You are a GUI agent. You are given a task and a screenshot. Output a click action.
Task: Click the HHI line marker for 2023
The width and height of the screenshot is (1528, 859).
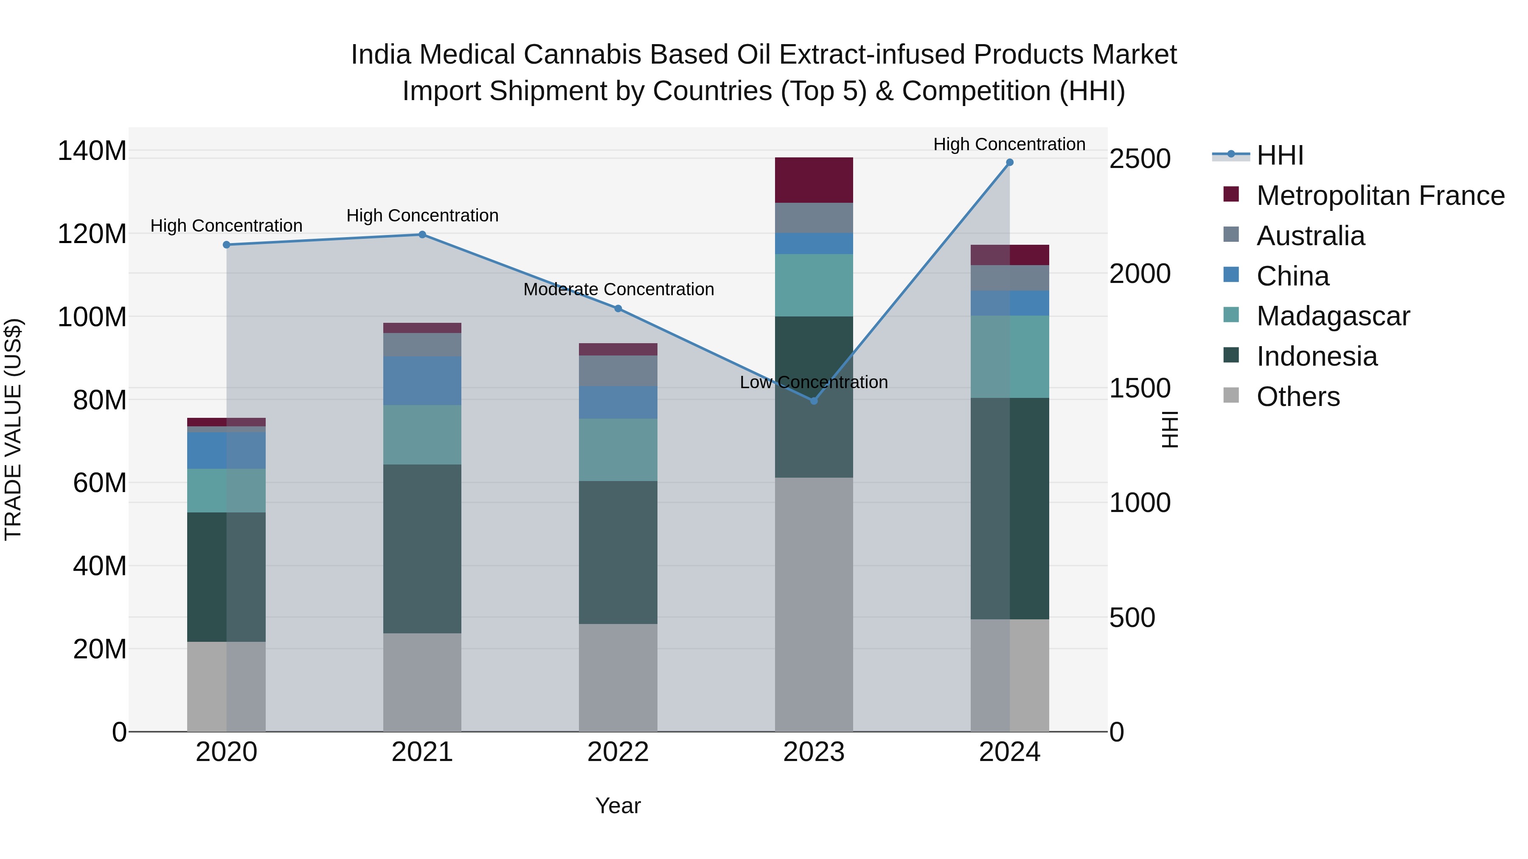point(814,401)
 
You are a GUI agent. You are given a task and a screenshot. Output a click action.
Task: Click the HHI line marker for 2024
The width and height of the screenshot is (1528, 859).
point(1010,162)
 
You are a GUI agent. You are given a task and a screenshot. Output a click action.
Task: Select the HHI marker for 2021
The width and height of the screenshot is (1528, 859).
point(422,235)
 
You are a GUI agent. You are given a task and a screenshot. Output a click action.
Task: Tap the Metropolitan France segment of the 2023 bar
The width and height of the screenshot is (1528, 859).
point(814,180)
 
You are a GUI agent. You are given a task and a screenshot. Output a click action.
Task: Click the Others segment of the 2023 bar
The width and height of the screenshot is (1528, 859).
point(814,604)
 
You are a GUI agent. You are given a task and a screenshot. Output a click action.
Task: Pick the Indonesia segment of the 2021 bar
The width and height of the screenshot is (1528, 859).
point(422,548)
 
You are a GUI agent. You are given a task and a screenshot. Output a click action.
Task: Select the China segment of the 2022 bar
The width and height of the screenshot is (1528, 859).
point(618,403)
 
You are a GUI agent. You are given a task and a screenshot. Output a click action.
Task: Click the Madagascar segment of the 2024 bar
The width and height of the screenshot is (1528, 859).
point(1010,356)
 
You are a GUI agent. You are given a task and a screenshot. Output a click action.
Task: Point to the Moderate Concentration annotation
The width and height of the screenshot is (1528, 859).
point(618,289)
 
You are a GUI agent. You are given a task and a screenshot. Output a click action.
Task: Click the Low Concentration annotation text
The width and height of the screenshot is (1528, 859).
point(814,382)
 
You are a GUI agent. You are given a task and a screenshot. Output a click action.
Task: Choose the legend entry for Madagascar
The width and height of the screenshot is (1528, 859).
point(1332,316)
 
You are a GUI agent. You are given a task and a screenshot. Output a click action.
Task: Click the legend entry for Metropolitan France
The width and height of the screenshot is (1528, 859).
point(1380,196)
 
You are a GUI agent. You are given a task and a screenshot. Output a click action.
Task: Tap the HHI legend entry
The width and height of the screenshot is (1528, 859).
point(1279,155)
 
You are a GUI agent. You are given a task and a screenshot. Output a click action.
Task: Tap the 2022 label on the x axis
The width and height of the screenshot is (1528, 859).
point(618,752)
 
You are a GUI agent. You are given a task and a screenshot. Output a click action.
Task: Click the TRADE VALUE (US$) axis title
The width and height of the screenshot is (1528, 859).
point(13,429)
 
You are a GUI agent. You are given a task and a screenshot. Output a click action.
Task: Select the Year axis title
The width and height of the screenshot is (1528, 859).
point(618,806)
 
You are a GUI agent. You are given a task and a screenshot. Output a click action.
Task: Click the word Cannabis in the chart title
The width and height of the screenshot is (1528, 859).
point(579,55)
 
